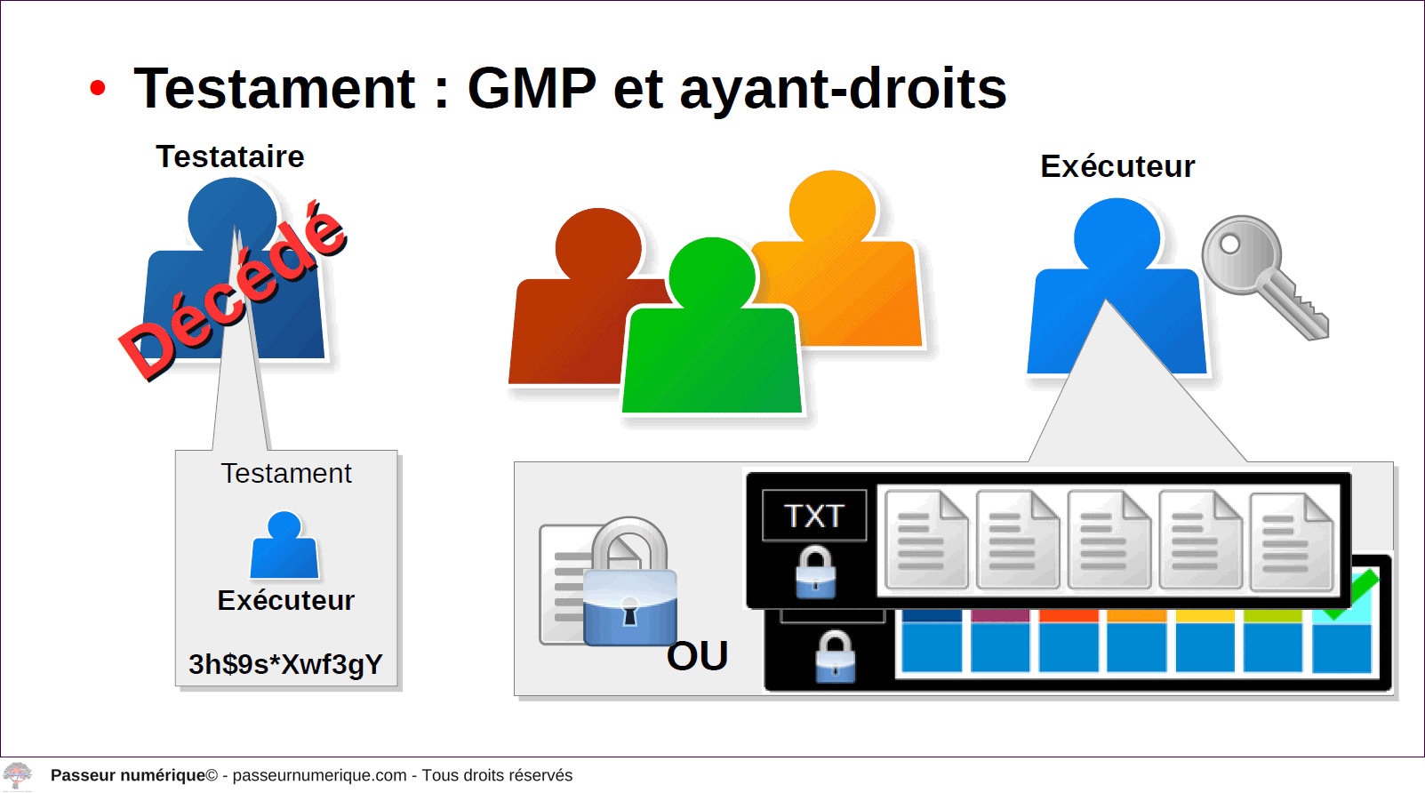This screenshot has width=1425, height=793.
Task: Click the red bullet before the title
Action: pos(97,88)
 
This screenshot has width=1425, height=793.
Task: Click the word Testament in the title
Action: pos(275,88)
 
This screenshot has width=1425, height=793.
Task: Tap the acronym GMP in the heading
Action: pos(532,88)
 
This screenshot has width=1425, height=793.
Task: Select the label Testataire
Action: pos(230,156)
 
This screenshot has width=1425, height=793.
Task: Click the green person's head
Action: pos(713,276)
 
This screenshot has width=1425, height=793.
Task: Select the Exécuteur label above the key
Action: pos(1117,166)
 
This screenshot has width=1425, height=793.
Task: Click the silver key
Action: pos(1263,276)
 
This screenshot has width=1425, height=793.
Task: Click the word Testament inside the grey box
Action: pos(286,474)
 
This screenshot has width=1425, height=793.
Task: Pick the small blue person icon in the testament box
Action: pos(284,545)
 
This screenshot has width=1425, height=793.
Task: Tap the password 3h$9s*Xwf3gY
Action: pos(286,664)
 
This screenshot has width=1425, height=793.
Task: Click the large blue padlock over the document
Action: pos(629,582)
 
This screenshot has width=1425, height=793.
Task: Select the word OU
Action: pos(697,655)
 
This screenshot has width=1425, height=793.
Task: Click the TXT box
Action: pos(814,516)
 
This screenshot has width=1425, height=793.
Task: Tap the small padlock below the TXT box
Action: pos(815,572)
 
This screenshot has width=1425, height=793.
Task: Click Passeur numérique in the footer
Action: pos(128,775)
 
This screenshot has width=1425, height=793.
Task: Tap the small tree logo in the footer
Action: pos(17,776)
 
